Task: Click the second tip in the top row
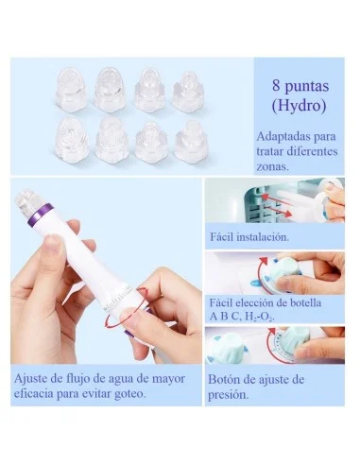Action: [108, 84]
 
